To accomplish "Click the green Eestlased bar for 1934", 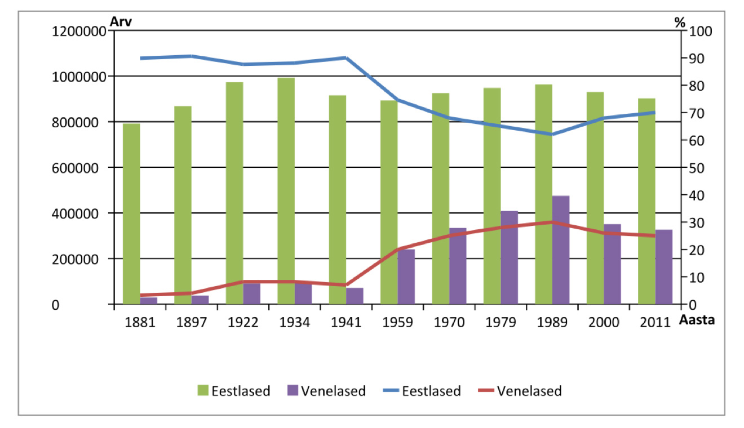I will coord(286,191).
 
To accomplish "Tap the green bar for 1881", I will coord(131,214).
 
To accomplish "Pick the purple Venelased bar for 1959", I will coord(406,277).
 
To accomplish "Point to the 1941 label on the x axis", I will coord(346,323).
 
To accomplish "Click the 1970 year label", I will coord(449,323).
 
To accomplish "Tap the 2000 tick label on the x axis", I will coord(604,323).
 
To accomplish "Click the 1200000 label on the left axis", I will coord(78,32).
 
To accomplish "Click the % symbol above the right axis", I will coord(680,23).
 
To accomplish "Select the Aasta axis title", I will coord(698,320).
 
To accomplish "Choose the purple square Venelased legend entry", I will coord(293,391).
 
